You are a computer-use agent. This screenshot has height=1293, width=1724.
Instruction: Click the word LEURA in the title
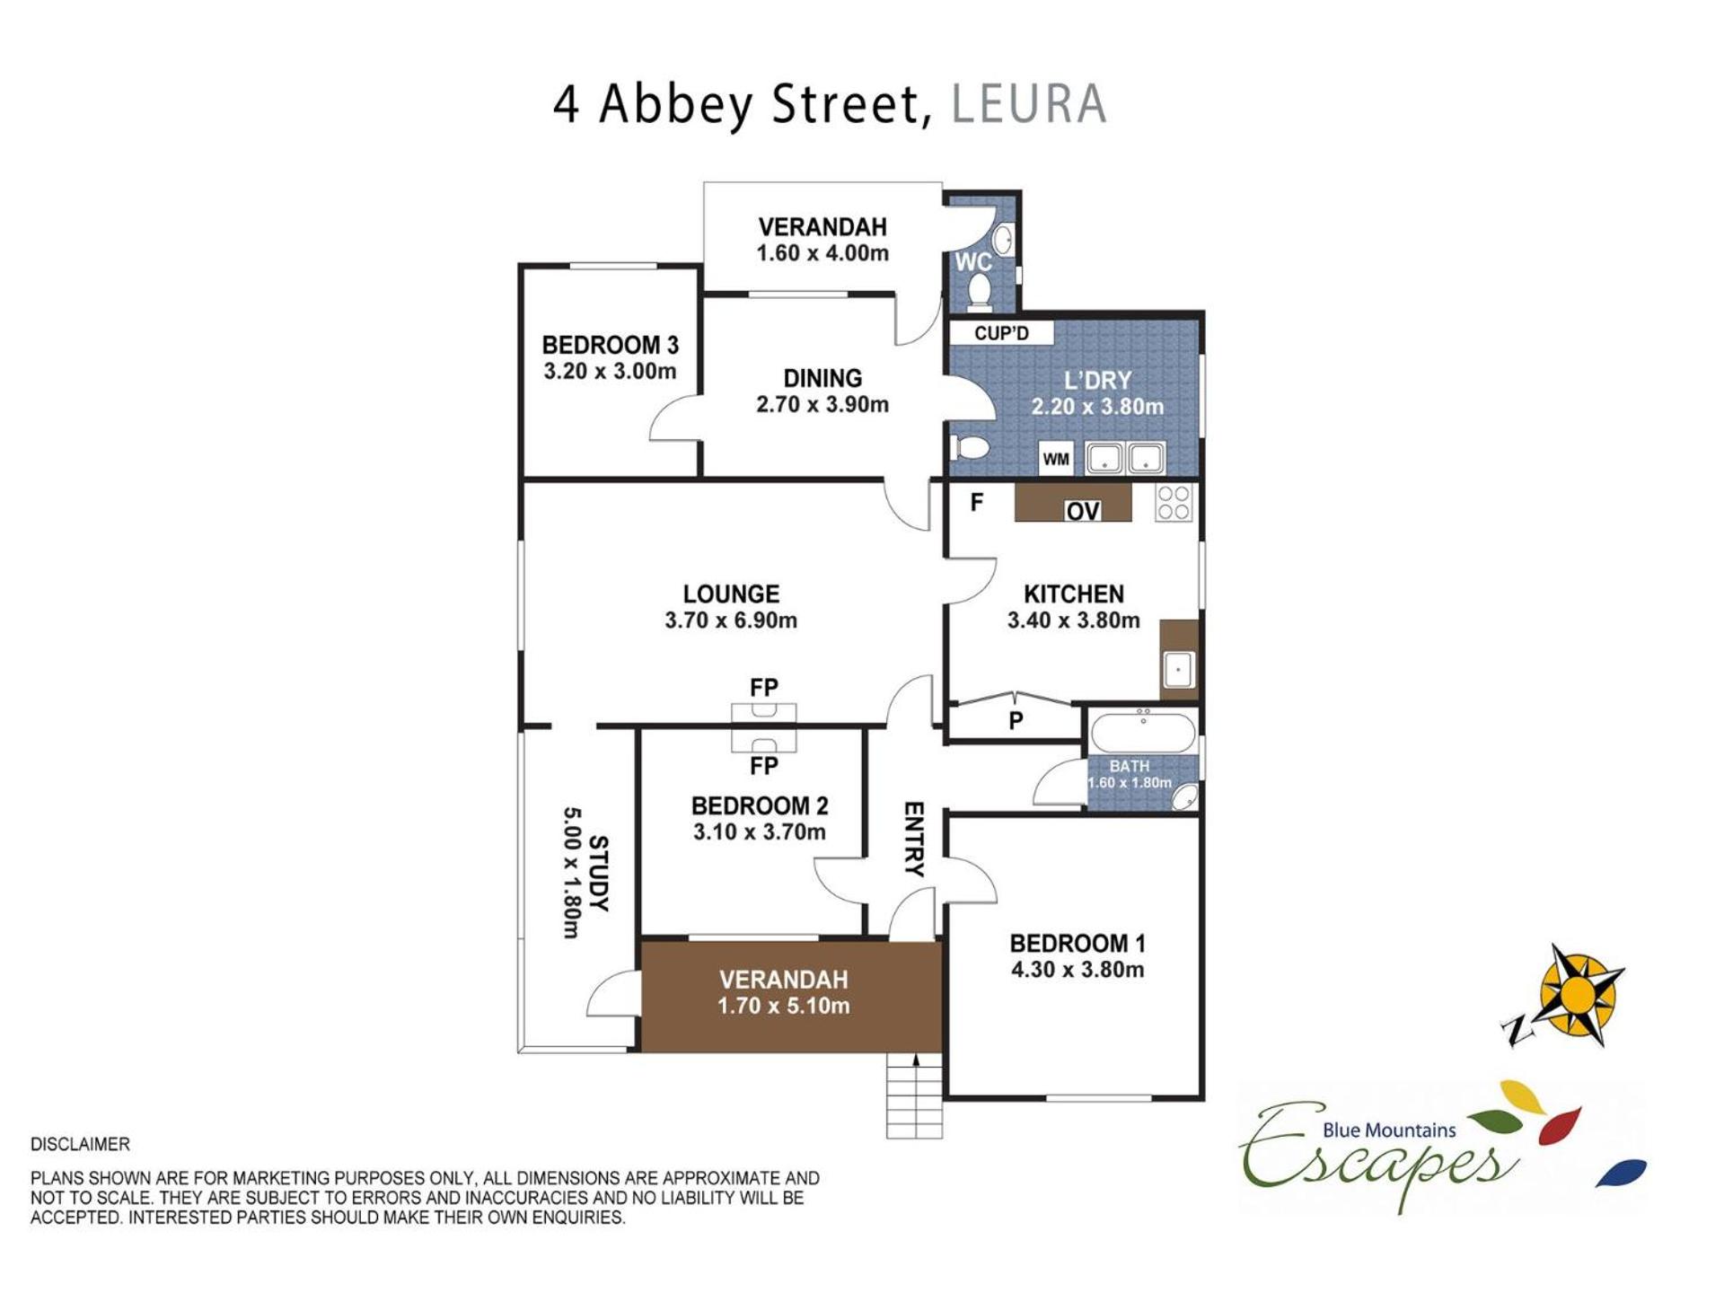coord(1028,103)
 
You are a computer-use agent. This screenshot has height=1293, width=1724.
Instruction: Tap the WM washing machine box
coord(1056,459)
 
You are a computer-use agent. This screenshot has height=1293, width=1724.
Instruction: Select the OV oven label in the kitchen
coord(1083,511)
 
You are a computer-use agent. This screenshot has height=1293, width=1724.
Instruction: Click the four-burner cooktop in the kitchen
coord(1173,503)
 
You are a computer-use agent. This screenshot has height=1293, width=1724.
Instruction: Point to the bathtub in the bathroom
coord(1143,733)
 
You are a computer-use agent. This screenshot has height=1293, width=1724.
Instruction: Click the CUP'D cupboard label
coord(1001,333)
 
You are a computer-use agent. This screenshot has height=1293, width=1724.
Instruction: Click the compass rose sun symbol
coord(1578,994)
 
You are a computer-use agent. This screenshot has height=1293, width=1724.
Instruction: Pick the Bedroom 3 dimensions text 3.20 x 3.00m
coord(610,371)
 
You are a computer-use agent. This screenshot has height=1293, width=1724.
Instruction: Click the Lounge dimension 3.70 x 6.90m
coord(731,620)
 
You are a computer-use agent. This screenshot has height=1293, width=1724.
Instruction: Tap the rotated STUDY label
coord(598,873)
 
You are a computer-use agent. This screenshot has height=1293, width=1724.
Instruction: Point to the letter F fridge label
coord(977,502)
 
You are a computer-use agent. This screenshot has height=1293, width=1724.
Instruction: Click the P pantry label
coord(1016,721)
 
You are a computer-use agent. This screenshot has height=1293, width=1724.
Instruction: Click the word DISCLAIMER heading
coord(80,1144)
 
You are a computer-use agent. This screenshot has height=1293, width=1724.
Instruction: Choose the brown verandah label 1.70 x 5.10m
coord(783,1006)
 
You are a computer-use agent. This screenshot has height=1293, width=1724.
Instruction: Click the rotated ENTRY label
coord(913,839)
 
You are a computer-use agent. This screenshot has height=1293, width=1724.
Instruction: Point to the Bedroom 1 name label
coord(1077,943)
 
